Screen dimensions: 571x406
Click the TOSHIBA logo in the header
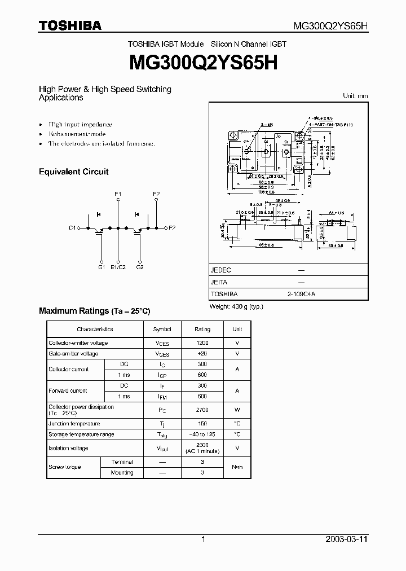(70, 25)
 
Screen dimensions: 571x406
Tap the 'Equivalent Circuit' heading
(73, 172)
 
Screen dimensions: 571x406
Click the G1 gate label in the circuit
(101, 267)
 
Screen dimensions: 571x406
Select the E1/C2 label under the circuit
(118, 267)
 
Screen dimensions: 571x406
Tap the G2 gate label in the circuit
(140, 267)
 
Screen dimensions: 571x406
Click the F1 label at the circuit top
(118, 194)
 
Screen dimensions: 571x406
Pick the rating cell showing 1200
(202, 343)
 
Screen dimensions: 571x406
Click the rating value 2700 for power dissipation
(202, 410)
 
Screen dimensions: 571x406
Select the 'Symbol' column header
(162, 329)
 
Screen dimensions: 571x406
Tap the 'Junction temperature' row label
(74, 424)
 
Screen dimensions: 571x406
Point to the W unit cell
(237, 410)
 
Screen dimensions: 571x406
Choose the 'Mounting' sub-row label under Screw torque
(122, 472)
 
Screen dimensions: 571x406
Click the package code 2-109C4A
(301, 294)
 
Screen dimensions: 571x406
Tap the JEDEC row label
(220, 270)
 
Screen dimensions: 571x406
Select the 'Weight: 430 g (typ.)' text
(236, 306)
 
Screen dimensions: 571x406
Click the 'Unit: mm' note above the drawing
(355, 96)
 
